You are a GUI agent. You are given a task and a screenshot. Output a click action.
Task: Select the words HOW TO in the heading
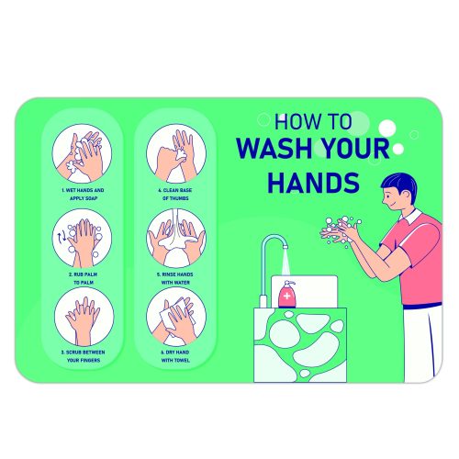coord(308,121)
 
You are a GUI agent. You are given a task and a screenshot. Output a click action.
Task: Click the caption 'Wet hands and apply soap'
coord(81,194)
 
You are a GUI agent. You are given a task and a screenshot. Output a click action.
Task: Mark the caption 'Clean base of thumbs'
coord(174,194)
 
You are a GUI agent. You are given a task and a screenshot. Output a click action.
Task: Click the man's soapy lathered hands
coord(341,229)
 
